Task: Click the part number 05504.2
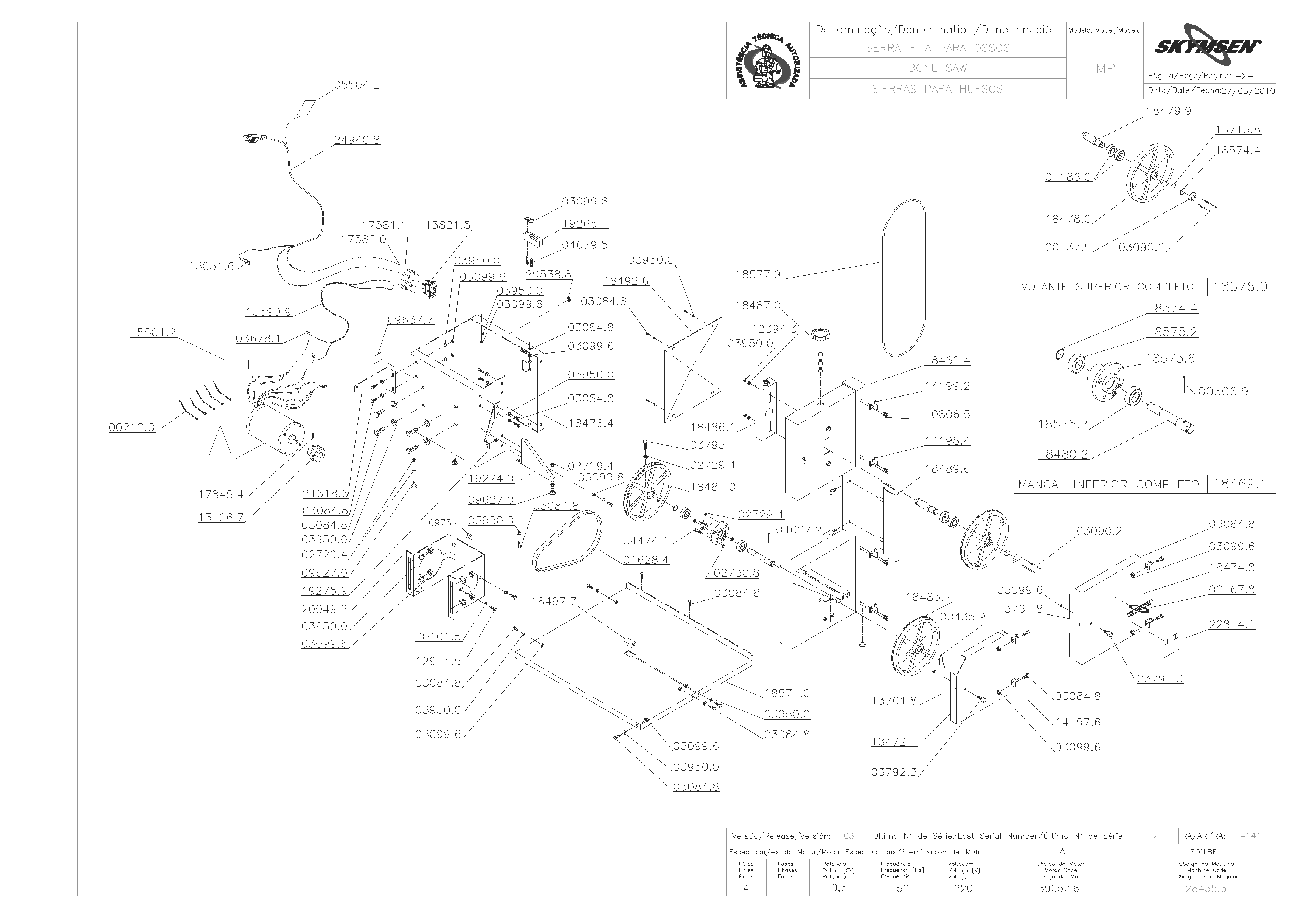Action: click(357, 85)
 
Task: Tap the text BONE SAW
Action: click(937, 68)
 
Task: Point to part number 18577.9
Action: click(758, 274)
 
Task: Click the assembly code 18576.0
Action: click(1241, 287)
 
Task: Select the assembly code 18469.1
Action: click(1241, 484)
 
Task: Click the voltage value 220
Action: click(963, 888)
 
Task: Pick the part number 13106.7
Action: click(220, 517)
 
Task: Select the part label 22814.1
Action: click(1232, 624)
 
